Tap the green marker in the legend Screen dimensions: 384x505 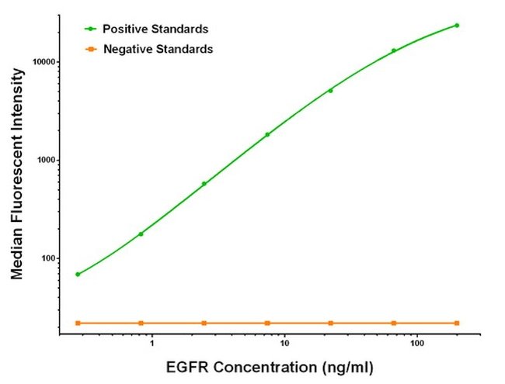(90, 29)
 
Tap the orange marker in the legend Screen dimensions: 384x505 (90, 49)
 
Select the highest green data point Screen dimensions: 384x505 (457, 25)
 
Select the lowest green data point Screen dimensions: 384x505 (78, 274)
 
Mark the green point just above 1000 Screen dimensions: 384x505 (267, 134)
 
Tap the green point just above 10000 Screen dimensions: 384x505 (394, 50)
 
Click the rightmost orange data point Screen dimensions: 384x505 (457, 323)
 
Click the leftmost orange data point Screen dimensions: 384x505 (78, 323)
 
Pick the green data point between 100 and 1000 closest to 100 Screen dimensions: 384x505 (141, 234)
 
